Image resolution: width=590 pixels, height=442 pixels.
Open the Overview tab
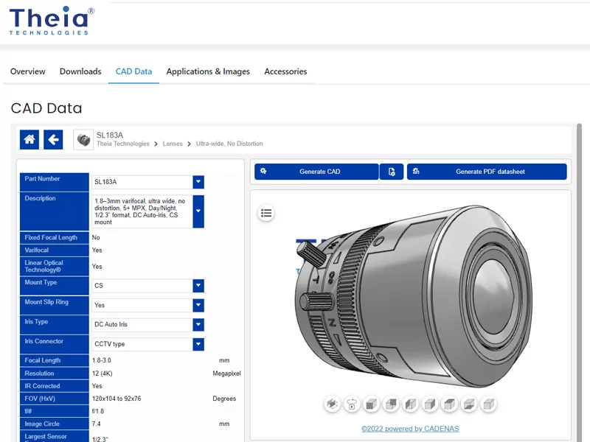click(28, 71)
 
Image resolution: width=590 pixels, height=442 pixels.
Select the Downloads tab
click(80, 71)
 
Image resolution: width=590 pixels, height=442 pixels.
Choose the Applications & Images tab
click(208, 71)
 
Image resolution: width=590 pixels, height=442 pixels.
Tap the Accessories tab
click(285, 71)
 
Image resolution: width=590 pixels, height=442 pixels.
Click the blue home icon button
click(29, 139)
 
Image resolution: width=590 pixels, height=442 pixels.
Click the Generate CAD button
click(316, 172)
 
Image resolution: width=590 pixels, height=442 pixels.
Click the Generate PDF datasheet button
click(487, 172)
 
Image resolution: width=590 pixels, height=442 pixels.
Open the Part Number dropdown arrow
click(198, 182)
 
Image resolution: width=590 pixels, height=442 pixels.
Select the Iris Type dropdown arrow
click(198, 324)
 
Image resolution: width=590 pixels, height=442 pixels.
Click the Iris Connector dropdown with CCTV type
click(147, 344)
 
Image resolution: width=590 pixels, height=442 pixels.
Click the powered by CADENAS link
click(410, 429)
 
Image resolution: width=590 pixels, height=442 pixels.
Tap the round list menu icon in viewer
click(266, 213)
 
